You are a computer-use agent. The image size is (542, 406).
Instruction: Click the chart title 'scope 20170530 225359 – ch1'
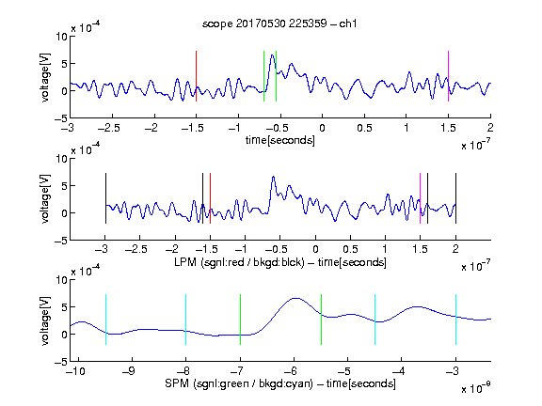(279, 23)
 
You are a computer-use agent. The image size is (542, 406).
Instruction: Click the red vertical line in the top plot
(196, 76)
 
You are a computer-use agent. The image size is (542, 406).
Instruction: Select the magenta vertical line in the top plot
(448, 76)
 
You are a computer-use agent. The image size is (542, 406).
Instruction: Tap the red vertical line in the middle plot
(210, 198)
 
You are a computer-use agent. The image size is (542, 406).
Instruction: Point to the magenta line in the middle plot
(420, 198)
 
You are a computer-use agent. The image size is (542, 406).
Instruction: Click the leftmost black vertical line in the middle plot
(105, 198)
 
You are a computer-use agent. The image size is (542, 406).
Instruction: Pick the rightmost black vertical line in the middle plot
(455, 198)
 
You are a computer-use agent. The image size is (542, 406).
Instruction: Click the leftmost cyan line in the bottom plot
(105, 320)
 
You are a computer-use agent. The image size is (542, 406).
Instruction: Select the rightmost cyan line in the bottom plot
(455, 320)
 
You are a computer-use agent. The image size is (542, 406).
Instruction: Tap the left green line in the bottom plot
(240, 320)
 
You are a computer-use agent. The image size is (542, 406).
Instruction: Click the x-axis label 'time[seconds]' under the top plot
(280, 140)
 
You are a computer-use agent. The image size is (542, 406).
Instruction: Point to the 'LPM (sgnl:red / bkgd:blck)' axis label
(239, 262)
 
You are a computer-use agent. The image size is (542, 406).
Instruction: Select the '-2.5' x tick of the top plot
(108, 128)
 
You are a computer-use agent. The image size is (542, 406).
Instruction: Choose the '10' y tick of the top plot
(61, 37)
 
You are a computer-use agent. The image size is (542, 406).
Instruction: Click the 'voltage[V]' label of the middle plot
(45, 199)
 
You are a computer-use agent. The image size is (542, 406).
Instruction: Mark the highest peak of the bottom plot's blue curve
(295, 298)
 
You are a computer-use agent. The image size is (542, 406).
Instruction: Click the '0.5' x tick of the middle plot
(350, 249)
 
